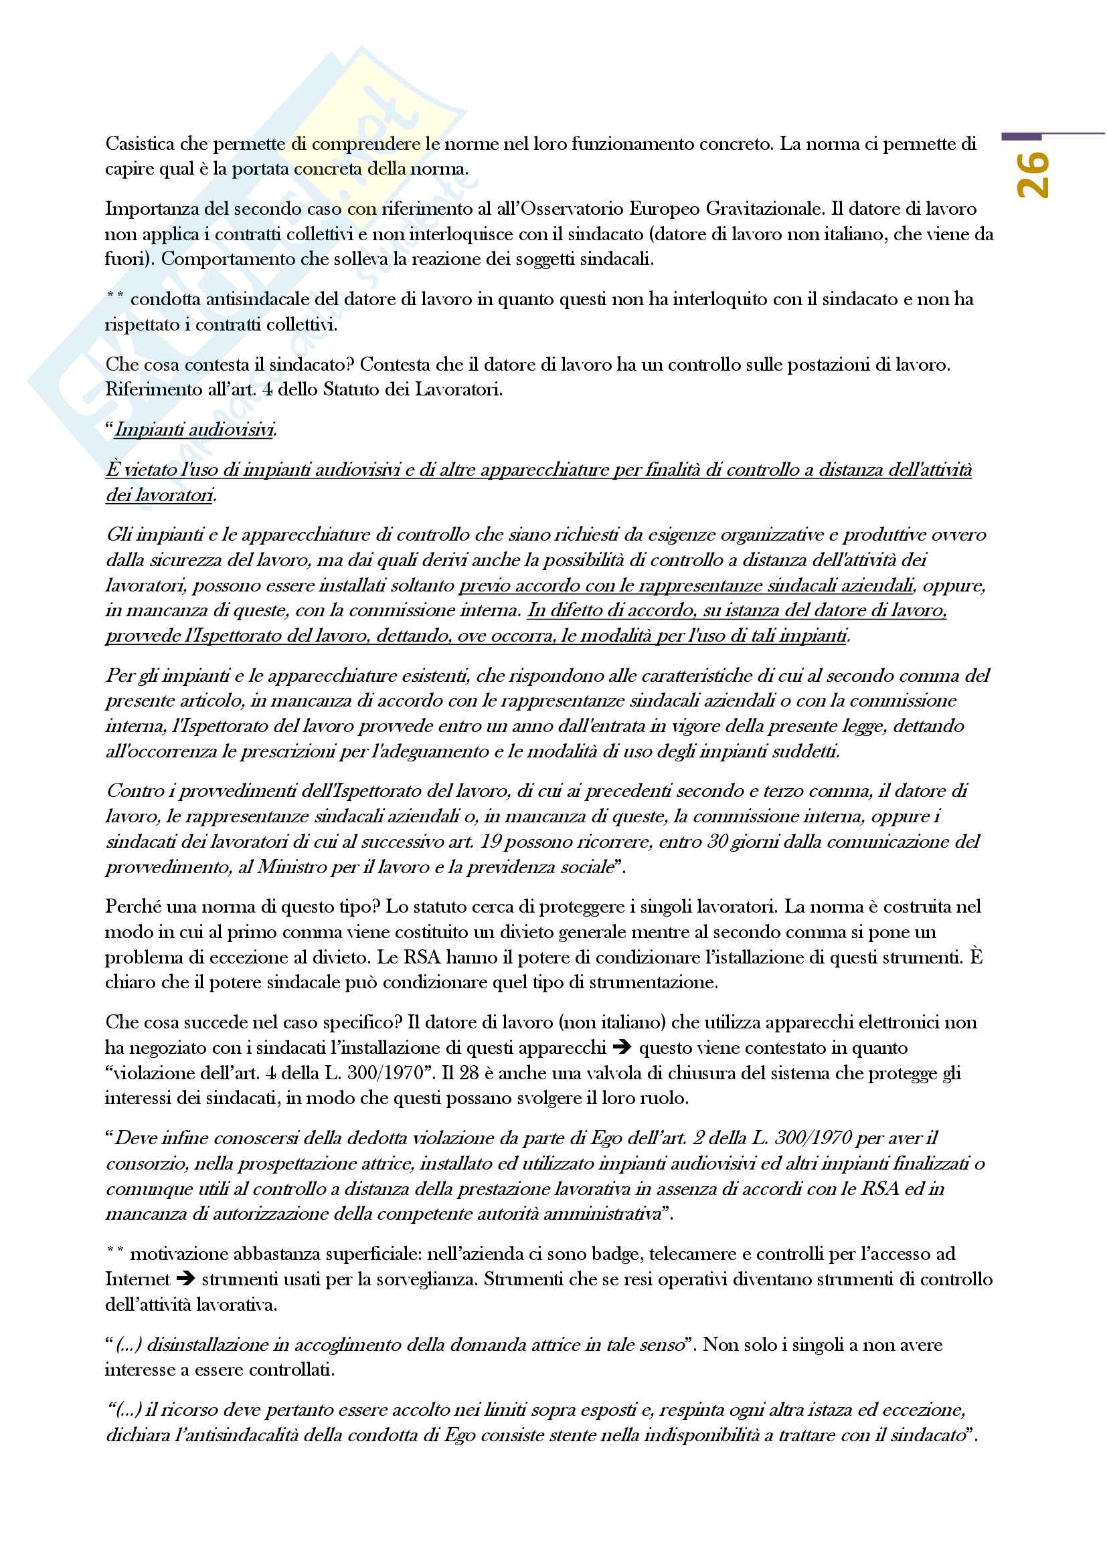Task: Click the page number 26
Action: [1032, 175]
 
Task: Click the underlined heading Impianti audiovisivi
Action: [194, 430]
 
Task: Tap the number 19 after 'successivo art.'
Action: [491, 842]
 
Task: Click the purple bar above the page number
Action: [1021, 137]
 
